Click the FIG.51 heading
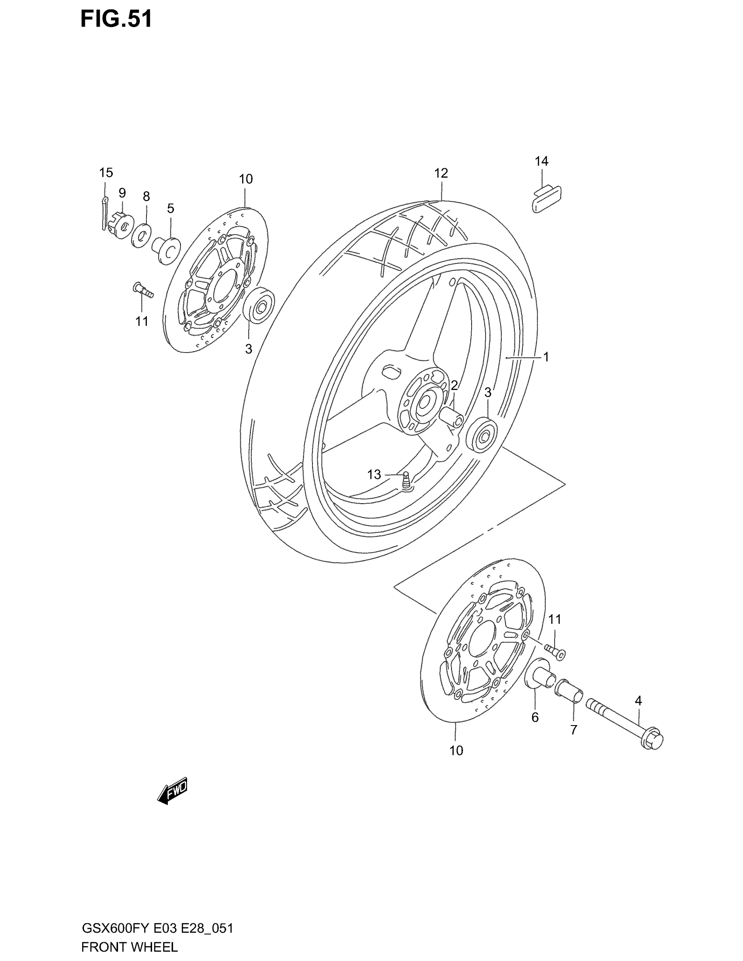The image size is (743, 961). [116, 19]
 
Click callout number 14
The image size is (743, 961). [542, 162]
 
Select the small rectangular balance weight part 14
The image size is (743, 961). [546, 199]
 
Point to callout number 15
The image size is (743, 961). [106, 173]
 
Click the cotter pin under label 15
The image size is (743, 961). [104, 214]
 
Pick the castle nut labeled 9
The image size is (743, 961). [120, 225]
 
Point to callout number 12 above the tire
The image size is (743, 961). [441, 173]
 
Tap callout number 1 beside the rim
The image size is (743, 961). [546, 357]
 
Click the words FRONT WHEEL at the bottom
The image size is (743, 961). [129, 947]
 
